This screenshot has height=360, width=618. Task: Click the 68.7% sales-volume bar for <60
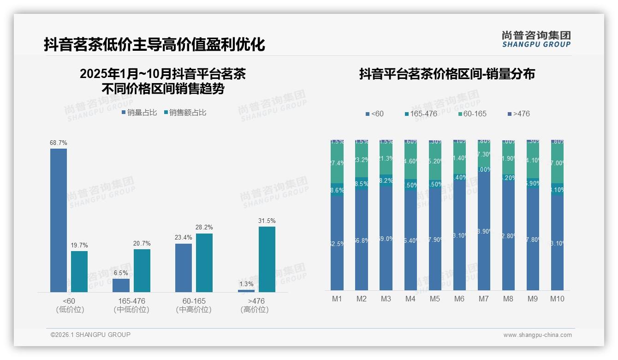(x=59, y=220)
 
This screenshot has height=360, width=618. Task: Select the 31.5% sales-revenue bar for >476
(x=267, y=259)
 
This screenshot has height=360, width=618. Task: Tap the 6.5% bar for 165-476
(x=121, y=285)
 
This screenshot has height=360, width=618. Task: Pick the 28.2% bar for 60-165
(x=204, y=263)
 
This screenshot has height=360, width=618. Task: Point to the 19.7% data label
(x=79, y=245)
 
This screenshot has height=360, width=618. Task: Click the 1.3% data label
(x=246, y=284)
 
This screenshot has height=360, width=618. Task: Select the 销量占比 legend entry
(x=139, y=112)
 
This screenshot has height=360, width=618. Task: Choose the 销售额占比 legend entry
(x=184, y=112)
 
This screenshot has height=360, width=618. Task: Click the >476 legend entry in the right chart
(x=518, y=114)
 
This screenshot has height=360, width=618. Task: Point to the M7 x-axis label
(x=483, y=299)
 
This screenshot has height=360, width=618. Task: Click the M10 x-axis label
(x=557, y=299)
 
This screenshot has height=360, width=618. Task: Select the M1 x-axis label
(x=337, y=299)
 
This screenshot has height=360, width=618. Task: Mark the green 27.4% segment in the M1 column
(x=337, y=163)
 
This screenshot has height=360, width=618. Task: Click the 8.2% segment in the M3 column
(x=386, y=180)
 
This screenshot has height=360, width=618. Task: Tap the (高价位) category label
(x=255, y=310)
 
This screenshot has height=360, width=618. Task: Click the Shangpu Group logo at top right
(x=536, y=39)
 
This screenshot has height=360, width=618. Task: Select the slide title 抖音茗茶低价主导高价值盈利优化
(x=154, y=44)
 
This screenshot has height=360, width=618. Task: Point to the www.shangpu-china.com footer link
(x=537, y=335)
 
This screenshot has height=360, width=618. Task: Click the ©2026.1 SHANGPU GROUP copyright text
(x=90, y=335)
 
